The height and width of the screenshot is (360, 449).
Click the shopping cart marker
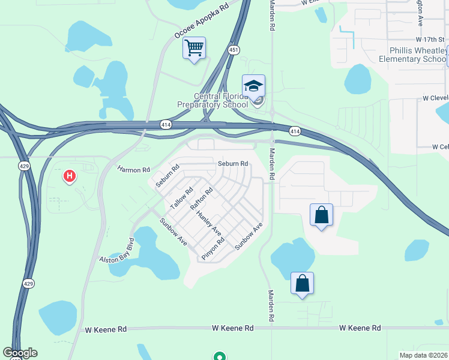click(194, 48)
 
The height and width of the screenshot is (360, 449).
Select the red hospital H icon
click(70, 176)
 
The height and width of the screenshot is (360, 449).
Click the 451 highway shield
click(233, 51)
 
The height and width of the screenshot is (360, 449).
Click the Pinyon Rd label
click(213, 248)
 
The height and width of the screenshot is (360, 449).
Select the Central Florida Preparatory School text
click(212, 100)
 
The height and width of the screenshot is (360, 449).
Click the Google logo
click(20, 353)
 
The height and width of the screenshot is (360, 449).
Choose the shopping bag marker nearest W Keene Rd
click(302, 283)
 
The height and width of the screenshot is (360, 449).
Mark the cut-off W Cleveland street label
click(435, 97)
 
